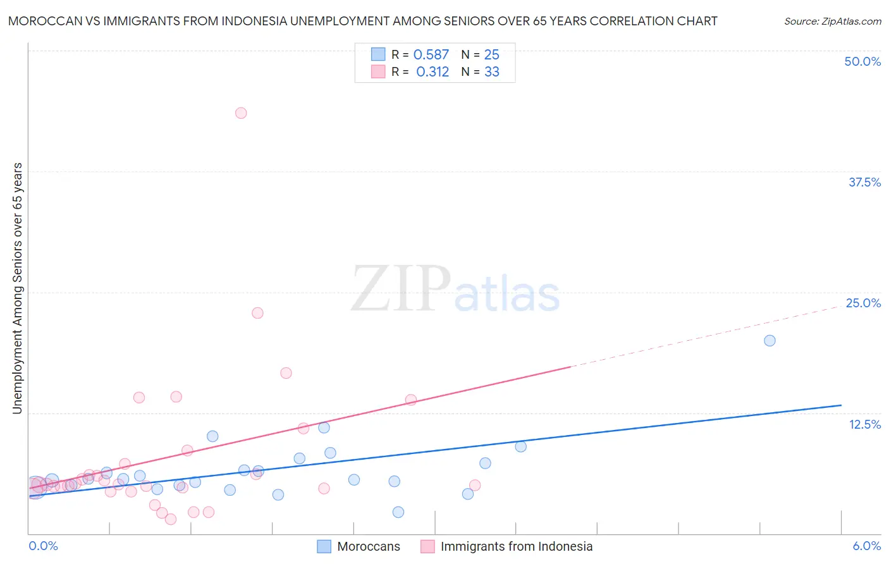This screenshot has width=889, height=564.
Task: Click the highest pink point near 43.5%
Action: [x=241, y=113]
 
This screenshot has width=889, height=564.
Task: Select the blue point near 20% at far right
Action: [x=769, y=341]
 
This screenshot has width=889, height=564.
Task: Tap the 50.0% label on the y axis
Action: [x=862, y=61]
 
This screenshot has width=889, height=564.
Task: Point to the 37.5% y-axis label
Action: [x=864, y=182]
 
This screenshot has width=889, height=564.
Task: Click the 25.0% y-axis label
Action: [x=863, y=303]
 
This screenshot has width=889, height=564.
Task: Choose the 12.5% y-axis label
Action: [x=864, y=424]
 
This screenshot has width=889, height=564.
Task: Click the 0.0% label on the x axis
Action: [x=43, y=546]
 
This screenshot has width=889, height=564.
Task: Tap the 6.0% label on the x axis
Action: [x=867, y=546]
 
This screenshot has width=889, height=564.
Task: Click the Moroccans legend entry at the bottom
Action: [x=368, y=546]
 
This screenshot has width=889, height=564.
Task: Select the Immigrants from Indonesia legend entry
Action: [x=516, y=546]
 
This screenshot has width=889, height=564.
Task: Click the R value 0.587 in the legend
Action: [x=431, y=55]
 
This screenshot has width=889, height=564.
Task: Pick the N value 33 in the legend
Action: [x=492, y=72]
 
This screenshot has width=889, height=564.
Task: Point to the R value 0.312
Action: [x=432, y=72]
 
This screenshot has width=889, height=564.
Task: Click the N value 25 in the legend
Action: [x=492, y=55]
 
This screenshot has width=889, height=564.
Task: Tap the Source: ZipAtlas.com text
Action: [x=832, y=21]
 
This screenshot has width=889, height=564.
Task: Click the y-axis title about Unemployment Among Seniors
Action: [x=18, y=288]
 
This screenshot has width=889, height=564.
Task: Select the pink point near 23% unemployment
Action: [x=257, y=313]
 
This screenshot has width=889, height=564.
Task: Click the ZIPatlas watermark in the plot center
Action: [x=455, y=290]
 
